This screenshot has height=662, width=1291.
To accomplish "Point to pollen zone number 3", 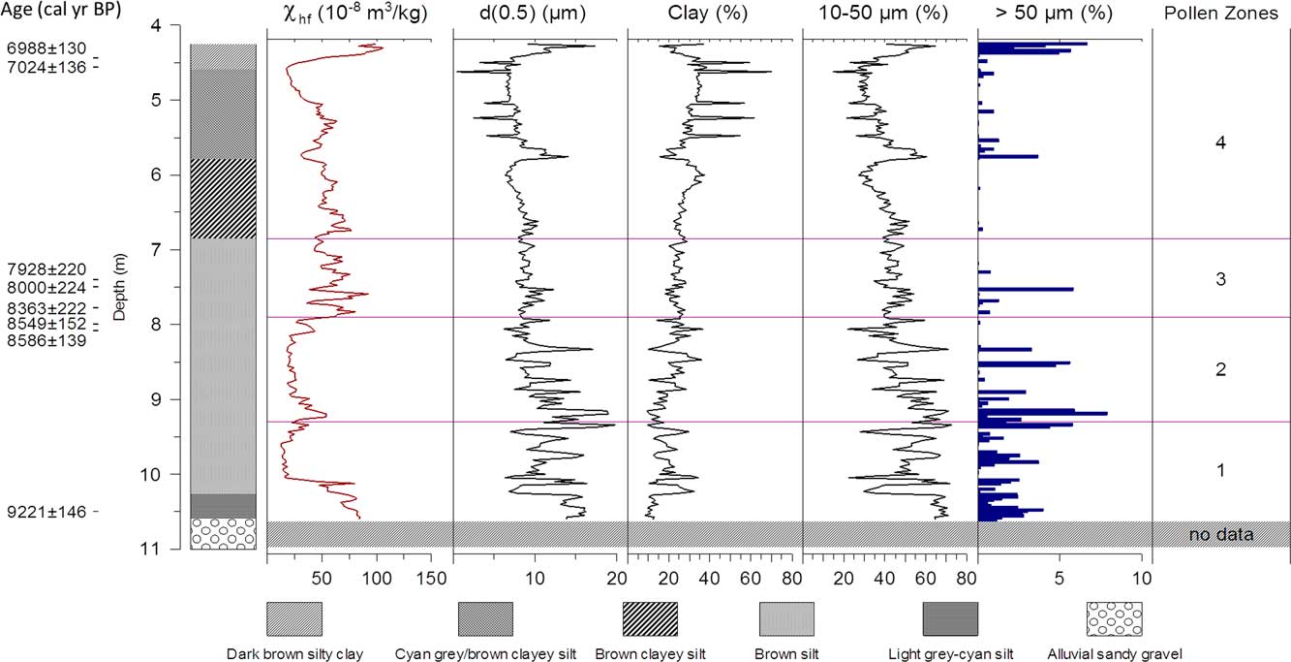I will pyautogui.click(x=1220, y=280).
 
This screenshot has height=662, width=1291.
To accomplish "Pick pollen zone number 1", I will pyautogui.click(x=1220, y=471).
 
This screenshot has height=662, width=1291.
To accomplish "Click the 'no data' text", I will pyautogui.click(x=1221, y=534).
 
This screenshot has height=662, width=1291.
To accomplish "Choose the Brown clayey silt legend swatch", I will pyautogui.click(x=649, y=617).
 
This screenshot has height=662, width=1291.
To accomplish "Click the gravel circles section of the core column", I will pyautogui.click(x=223, y=534).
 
